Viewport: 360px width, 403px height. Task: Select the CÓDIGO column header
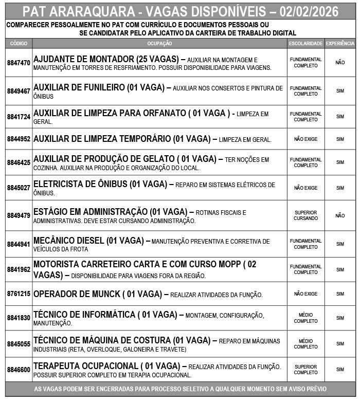[x=19, y=44]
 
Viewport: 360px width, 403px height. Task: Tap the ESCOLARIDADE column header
[x=305, y=44]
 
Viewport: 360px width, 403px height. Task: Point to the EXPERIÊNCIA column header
[x=340, y=44]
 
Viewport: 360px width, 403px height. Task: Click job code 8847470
[x=19, y=63]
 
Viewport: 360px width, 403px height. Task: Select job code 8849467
[x=19, y=91]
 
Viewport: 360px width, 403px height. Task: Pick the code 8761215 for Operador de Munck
[x=19, y=294]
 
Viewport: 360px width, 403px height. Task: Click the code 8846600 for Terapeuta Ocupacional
[x=19, y=370]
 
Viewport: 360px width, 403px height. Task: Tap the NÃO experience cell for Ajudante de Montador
[x=340, y=63]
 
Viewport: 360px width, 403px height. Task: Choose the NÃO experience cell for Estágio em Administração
[x=340, y=215]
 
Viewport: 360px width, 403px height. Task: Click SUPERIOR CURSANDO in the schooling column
[x=305, y=215]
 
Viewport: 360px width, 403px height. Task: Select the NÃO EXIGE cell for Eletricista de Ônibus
[x=305, y=188]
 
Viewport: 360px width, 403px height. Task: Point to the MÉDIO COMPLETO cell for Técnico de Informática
[x=305, y=318]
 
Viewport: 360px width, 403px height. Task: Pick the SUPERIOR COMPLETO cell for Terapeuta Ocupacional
[x=305, y=370]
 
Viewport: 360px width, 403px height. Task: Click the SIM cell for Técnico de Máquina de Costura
[x=340, y=344]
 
